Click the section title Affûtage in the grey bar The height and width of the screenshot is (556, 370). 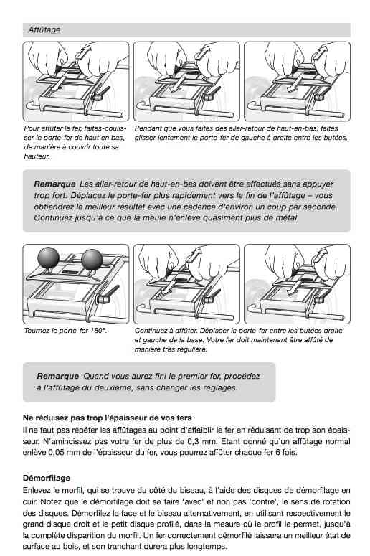pyautogui.click(x=44, y=30)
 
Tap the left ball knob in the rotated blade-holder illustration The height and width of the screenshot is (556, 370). pyautogui.click(x=48, y=257)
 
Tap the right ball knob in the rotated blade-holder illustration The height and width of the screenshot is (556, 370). pyautogui.click(x=92, y=259)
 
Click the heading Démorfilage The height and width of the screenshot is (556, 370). pyautogui.click(x=47, y=478)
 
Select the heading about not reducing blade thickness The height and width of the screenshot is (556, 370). pyautogui.click(x=107, y=418)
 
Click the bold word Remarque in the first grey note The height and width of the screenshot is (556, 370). pyautogui.click(x=54, y=184)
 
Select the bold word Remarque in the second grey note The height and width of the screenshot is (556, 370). pyautogui.click(x=57, y=376)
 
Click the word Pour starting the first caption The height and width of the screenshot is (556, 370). pyautogui.click(x=31, y=128)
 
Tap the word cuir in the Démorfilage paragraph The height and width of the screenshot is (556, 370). pyautogui.click(x=29, y=501)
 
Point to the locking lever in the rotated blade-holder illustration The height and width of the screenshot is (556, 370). pyautogui.click(x=108, y=295)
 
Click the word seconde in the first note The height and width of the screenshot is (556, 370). pyautogui.click(x=323, y=207)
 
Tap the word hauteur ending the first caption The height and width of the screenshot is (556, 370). pyautogui.click(x=37, y=156)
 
